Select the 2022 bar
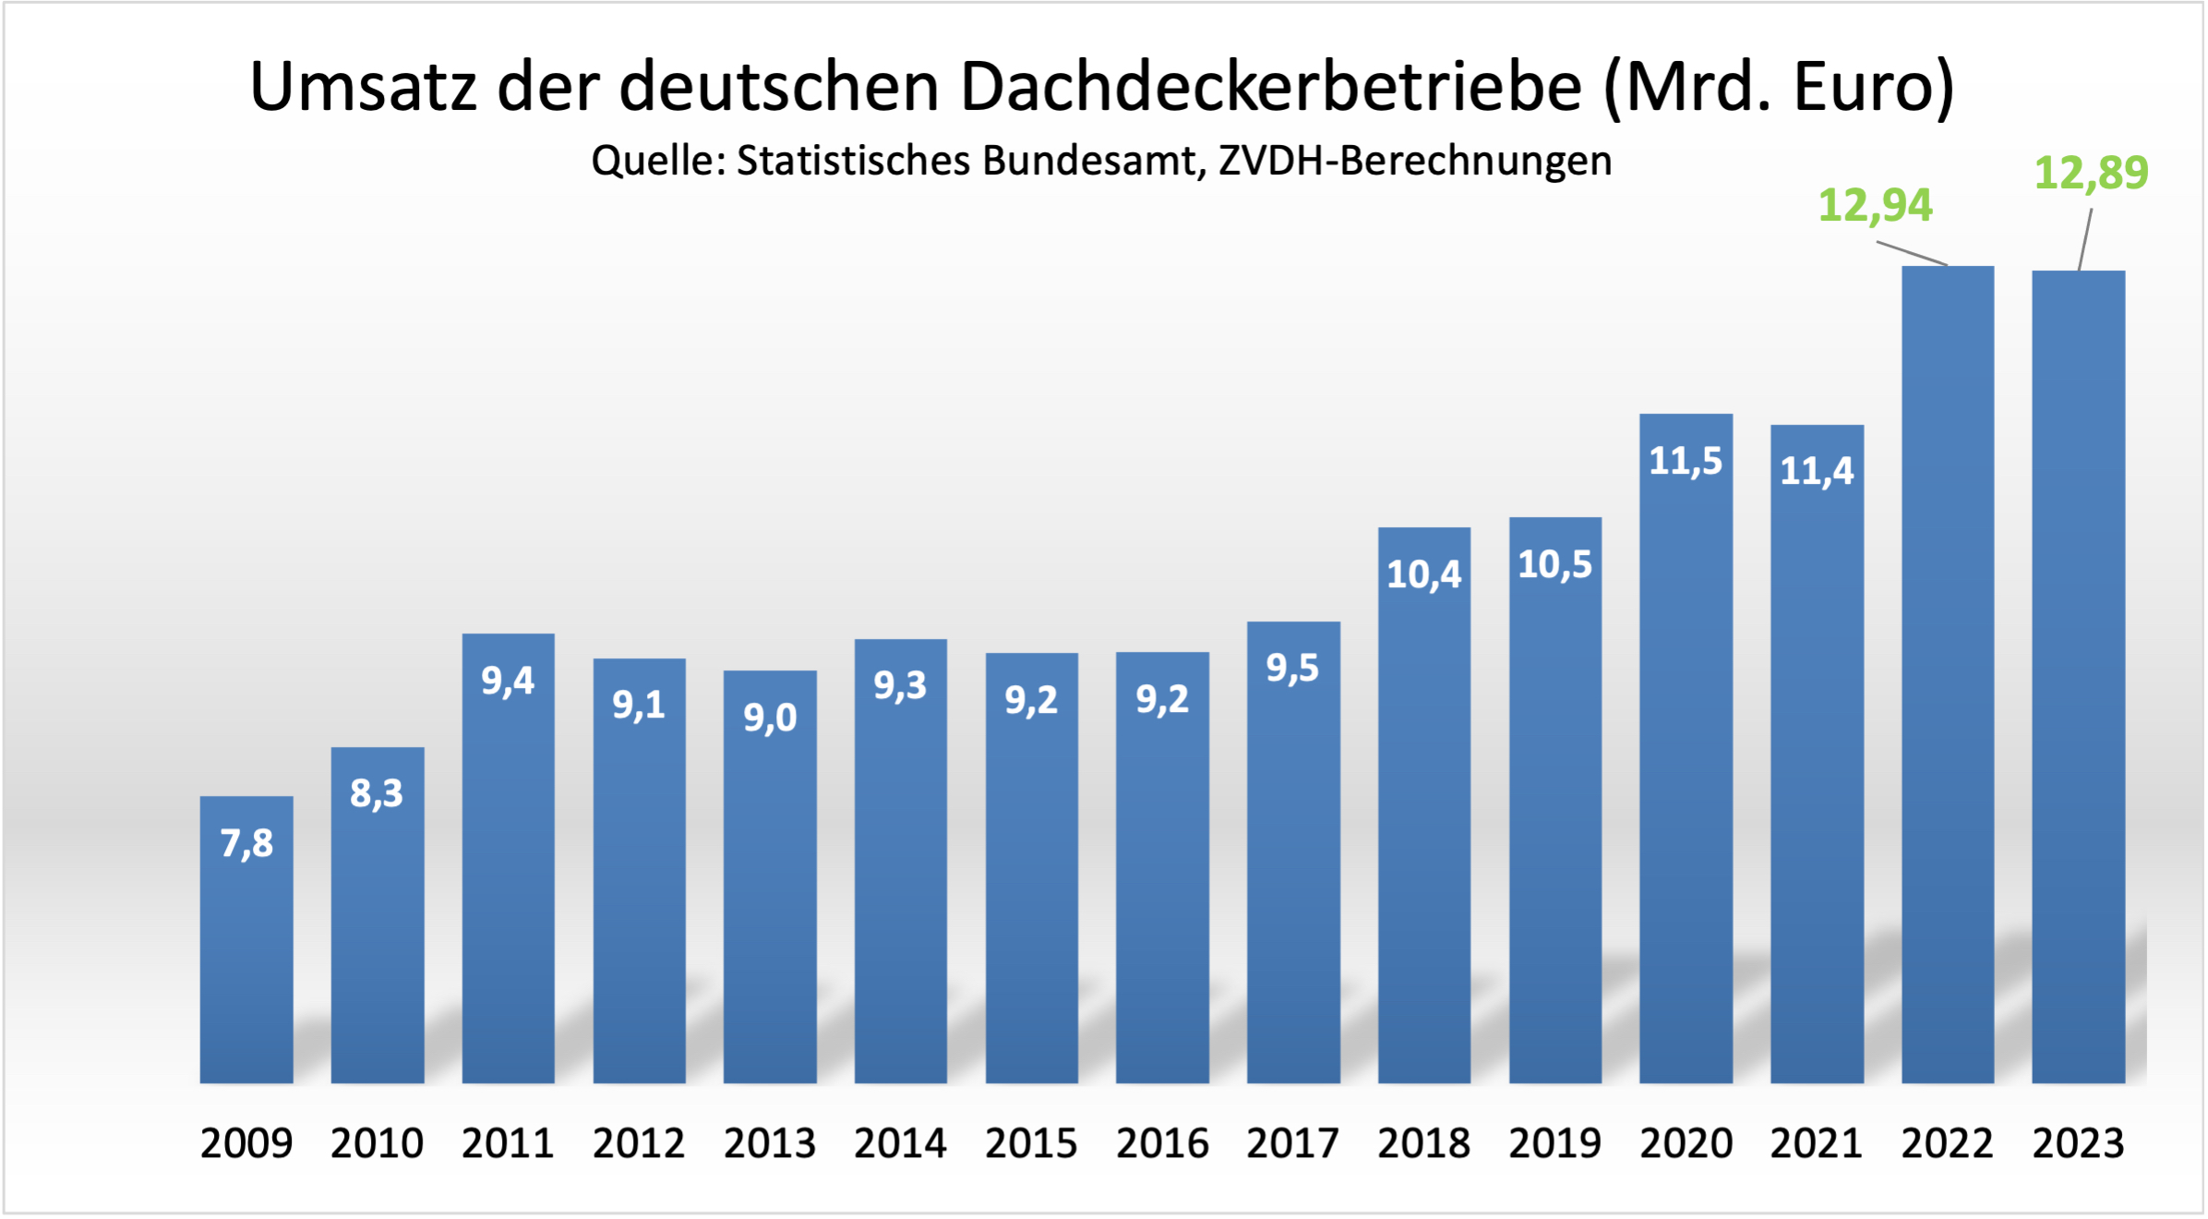pyautogui.click(x=1948, y=674)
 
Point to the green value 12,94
pyautogui.click(x=1875, y=205)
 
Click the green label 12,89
pyautogui.click(x=2091, y=173)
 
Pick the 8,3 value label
pyautogui.click(x=377, y=793)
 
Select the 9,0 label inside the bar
pyautogui.click(x=770, y=718)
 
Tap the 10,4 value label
pyautogui.click(x=1424, y=574)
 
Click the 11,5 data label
pyautogui.click(x=1686, y=461)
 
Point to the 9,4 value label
pyautogui.click(x=508, y=681)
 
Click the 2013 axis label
pyautogui.click(x=770, y=1143)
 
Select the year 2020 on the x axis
pyautogui.click(x=1686, y=1143)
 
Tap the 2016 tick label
pyautogui.click(x=1162, y=1143)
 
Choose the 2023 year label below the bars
pyautogui.click(x=2078, y=1143)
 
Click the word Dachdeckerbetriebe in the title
pyautogui.click(x=1272, y=87)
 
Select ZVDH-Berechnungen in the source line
pyautogui.click(x=1415, y=161)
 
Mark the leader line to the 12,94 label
pyautogui.click(x=1912, y=253)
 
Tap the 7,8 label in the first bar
pyautogui.click(x=246, y=843)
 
